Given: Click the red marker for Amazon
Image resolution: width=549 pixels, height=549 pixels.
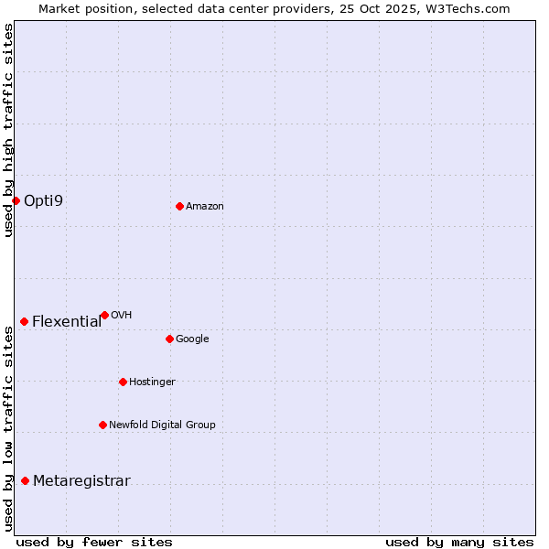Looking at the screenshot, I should tap(179, 206).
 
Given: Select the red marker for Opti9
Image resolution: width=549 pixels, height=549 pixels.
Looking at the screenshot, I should tap(16, 200).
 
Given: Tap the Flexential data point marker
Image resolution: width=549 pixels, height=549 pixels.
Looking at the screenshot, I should tap(24, 321).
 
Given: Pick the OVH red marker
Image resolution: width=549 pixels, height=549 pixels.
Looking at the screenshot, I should tap(104, 315).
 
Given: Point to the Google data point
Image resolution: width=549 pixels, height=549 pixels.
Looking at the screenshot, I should tap(169, 339).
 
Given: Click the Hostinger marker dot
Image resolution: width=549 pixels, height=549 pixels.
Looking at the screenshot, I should tap(123, 382).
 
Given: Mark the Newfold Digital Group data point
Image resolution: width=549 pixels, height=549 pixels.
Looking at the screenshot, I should tap(102, 425).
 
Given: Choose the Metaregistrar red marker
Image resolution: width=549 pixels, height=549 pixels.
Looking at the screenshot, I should tap(25, 481).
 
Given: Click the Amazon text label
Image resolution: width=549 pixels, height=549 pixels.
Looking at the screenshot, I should tap(205, 207).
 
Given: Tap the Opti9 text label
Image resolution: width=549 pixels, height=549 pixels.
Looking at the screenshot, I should tap(44, 200).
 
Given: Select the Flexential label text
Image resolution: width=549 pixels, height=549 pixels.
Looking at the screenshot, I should tap(67, 321).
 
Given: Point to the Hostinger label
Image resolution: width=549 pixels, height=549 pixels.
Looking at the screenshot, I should tap(152, 382).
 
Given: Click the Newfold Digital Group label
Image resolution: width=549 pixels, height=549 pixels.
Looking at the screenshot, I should tap(162, 425).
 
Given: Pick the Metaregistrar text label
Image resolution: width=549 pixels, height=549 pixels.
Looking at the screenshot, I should tap(81, 481).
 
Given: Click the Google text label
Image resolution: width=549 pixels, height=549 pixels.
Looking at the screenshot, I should tap(192, 339).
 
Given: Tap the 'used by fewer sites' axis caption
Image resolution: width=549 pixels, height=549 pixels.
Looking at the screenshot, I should tap(94, 542).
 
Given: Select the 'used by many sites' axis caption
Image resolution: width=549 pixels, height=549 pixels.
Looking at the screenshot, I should tap(459, 542).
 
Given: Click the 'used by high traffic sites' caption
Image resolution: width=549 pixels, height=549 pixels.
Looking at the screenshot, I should tap(8, 130).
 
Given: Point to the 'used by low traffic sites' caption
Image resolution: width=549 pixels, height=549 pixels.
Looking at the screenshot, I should tap(8, 428).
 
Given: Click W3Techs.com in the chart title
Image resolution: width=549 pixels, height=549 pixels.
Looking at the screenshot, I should tap(472, 8).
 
